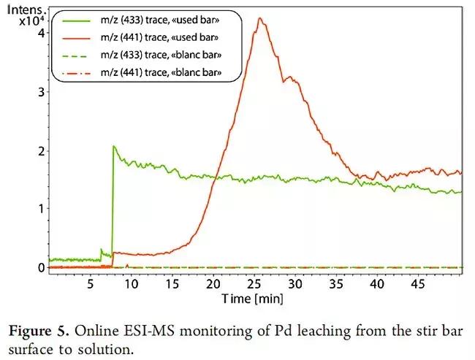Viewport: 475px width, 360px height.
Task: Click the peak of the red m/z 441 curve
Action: (260, 18)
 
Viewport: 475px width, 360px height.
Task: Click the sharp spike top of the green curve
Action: (113, 146)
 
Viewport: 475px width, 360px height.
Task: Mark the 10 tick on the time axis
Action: (131, 283)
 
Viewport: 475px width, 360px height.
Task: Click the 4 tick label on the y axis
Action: (42, 32)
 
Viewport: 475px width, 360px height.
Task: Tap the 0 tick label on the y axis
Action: (42, 268)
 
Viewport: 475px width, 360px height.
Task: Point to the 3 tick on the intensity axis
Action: (42, 91)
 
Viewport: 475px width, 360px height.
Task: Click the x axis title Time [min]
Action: (253, 298)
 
